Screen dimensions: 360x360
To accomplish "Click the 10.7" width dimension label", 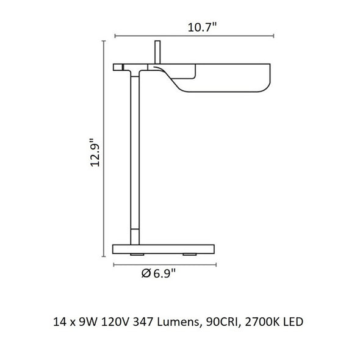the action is click(202, 27).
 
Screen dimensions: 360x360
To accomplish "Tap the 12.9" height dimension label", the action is click(95, 152).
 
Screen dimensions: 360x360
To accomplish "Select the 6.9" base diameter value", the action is click(164, 273).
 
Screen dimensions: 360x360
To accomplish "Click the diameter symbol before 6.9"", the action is click(146, 273).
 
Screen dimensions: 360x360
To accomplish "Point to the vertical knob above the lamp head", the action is click(157, 52).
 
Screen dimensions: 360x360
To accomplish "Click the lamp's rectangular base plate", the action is click(164, 249).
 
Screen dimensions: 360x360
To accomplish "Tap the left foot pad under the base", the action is click(137, 254).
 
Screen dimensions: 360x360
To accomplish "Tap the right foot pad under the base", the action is click(190, 254).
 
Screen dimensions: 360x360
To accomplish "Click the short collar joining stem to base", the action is click(135, 237).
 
